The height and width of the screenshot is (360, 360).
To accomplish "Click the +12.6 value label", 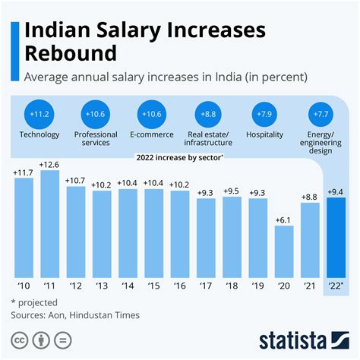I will [50, 163].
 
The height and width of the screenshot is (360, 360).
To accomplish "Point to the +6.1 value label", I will [283, 219].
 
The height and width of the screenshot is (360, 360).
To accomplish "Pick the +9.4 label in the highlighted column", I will [335, 191].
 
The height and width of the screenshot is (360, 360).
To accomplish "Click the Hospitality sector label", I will [265, 134].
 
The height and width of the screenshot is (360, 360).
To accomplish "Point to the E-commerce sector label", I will [151, 134].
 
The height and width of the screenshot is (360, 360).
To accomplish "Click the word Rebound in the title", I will [73, 54].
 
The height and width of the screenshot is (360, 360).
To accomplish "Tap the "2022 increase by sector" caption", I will [180, 157].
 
